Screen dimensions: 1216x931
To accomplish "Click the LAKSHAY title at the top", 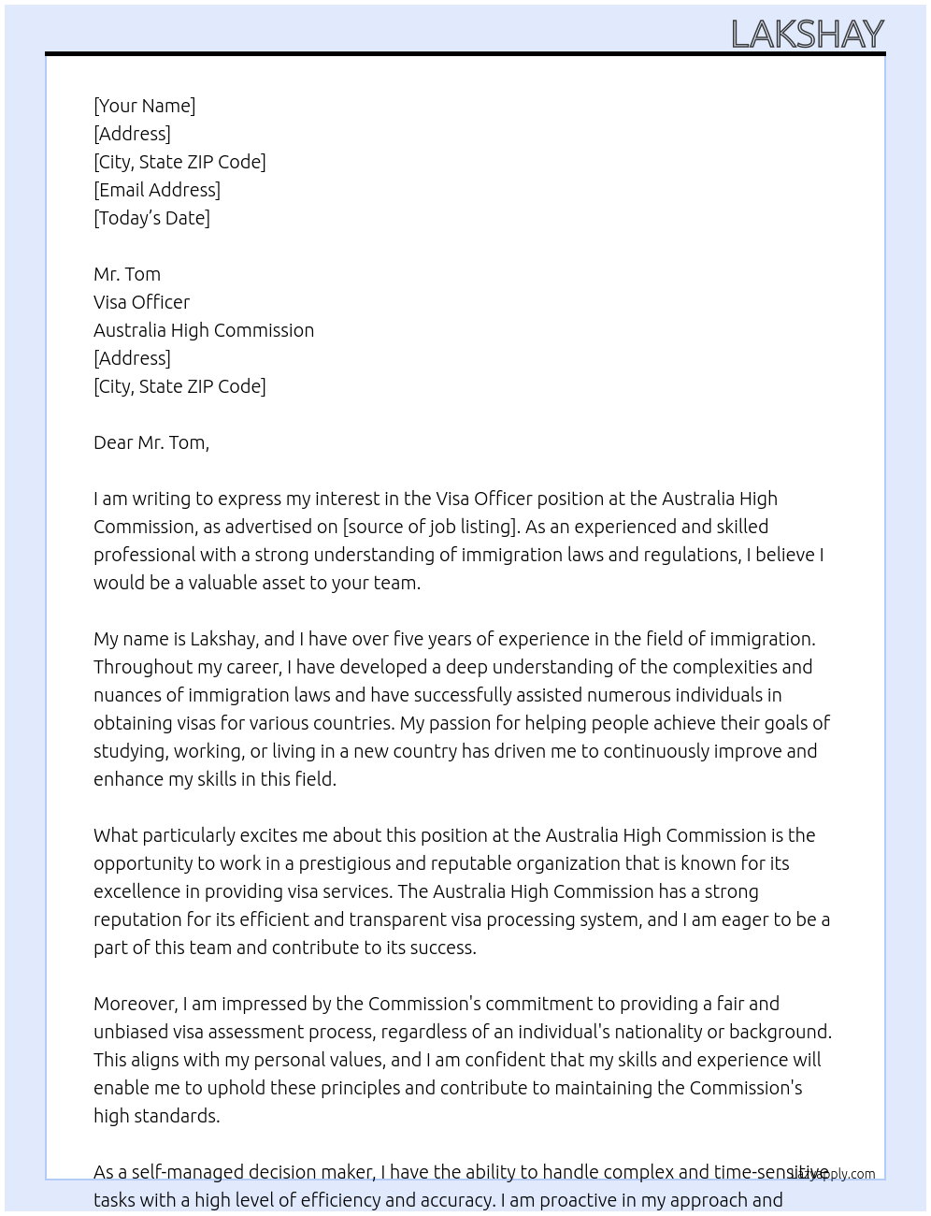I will click(x=807, y=35).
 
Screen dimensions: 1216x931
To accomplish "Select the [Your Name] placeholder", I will click(x=144, y=106).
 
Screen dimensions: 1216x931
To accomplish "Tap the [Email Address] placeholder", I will click(x=157, y=190).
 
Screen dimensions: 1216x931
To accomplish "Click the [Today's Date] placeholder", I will click(x=151, y=218).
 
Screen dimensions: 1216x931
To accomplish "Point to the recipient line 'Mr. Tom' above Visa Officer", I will click(x=127, y=274).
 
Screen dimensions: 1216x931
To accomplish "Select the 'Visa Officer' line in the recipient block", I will click(x=141, y=302).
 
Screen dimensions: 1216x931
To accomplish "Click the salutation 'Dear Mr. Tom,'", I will click(x=151, y=442).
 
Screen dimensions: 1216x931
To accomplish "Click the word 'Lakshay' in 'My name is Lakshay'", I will click(x=222, y=639).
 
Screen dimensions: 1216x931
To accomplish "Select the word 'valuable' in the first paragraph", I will click(x=227, y=583).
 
